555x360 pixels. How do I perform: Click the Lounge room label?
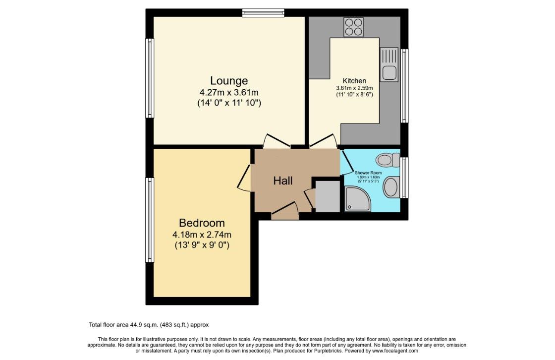(x=229, y=80)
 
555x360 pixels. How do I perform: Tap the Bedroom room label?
(x=202, y=223)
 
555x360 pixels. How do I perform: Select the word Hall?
(x=283, y=181)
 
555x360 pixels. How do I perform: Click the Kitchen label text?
(x=354, y=81)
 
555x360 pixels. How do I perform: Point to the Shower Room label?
(x=367, y=173)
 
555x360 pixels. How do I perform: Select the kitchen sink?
(x=389, y=64)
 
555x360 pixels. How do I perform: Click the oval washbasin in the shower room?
(x=391, y=187)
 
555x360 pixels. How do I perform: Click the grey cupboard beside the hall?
(x=328, y=197)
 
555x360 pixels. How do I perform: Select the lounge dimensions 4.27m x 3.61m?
(x=229, y=92)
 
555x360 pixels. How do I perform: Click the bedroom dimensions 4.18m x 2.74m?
(x=202, y=235)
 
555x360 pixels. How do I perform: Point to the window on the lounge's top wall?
(x=263, y=13)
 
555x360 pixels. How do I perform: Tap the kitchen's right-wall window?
(x=405, y=86)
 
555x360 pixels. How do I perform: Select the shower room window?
(x=405, y=177)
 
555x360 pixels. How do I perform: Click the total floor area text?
(x=149, y=325)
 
